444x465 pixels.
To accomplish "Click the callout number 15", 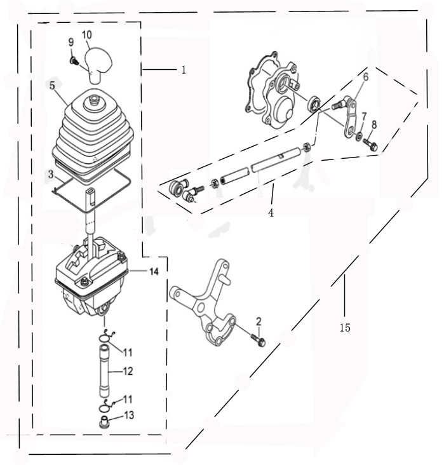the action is [x=345, y=328].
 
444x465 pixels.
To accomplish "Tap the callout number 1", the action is [x=184, y=70].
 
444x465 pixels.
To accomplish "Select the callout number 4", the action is [x=271, y=212].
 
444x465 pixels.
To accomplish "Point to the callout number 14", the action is [x=154, y=271].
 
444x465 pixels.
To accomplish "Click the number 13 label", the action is [x=129, y=415].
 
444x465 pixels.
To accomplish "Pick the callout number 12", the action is [x=128, y=371].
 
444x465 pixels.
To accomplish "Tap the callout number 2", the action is [x=259, y=321].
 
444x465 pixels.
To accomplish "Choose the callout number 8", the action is [x=374, y=125].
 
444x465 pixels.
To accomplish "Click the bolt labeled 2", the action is [x=258, y=340].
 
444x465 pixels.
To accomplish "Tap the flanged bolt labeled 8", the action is [x=370, y=144].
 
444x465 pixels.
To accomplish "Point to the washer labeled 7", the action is [x=359, y=137].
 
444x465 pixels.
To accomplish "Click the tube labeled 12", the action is [x=104, y=370].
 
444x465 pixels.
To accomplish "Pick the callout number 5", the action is [x=52, y=86].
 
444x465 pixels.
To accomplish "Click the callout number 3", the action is [x=51, y=174].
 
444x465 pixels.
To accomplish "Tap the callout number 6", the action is [x=366, y=77].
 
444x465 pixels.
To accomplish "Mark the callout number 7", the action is [x=364, y=116].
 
